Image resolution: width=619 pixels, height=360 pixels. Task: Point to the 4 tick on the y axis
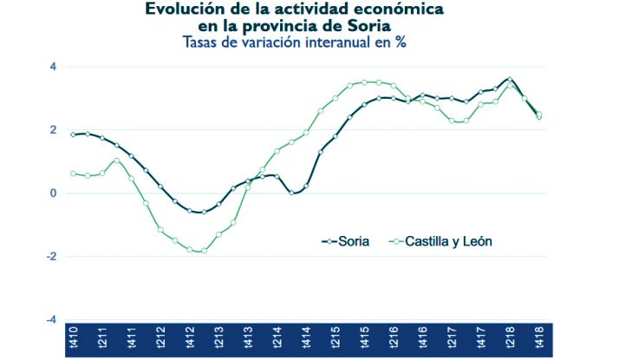(53, 67)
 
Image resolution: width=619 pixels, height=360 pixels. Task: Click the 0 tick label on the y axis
(53, 193)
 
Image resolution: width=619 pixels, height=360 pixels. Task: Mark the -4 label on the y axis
(51, 320)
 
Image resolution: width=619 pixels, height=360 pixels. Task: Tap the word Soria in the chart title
(369, 26)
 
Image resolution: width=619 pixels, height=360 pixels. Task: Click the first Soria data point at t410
(74, 134)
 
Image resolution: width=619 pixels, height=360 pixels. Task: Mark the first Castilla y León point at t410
(74, 173)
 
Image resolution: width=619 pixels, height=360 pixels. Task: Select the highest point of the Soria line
(510, 79)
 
